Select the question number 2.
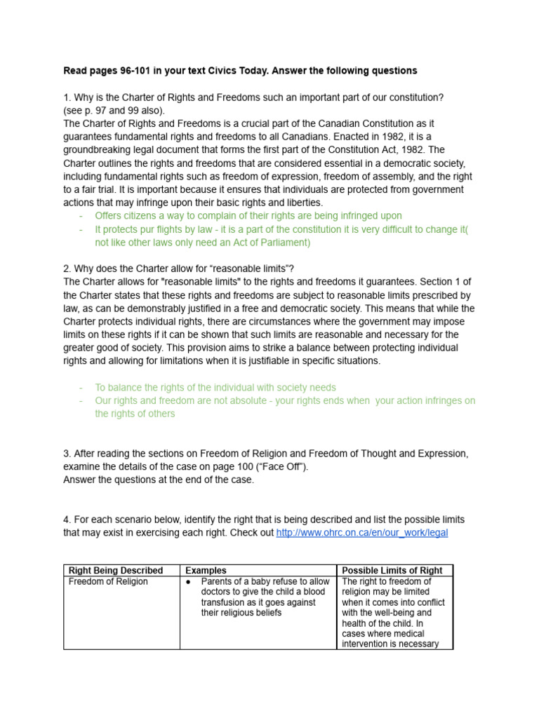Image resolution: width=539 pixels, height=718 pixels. pyautogui.click(x=67, y=269)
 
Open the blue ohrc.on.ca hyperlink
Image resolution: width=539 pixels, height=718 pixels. pyautogui.click(x=362, y=533)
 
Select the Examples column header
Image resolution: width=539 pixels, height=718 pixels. pyautogui.click(x=206, y=571)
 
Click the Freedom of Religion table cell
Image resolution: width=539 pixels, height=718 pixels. pyautogui.click(x=108, y=582)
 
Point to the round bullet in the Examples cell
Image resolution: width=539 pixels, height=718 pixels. pyautogui.click(x=189, y=582)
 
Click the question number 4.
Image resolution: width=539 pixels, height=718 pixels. pyautogui.click(x=67, y=520)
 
